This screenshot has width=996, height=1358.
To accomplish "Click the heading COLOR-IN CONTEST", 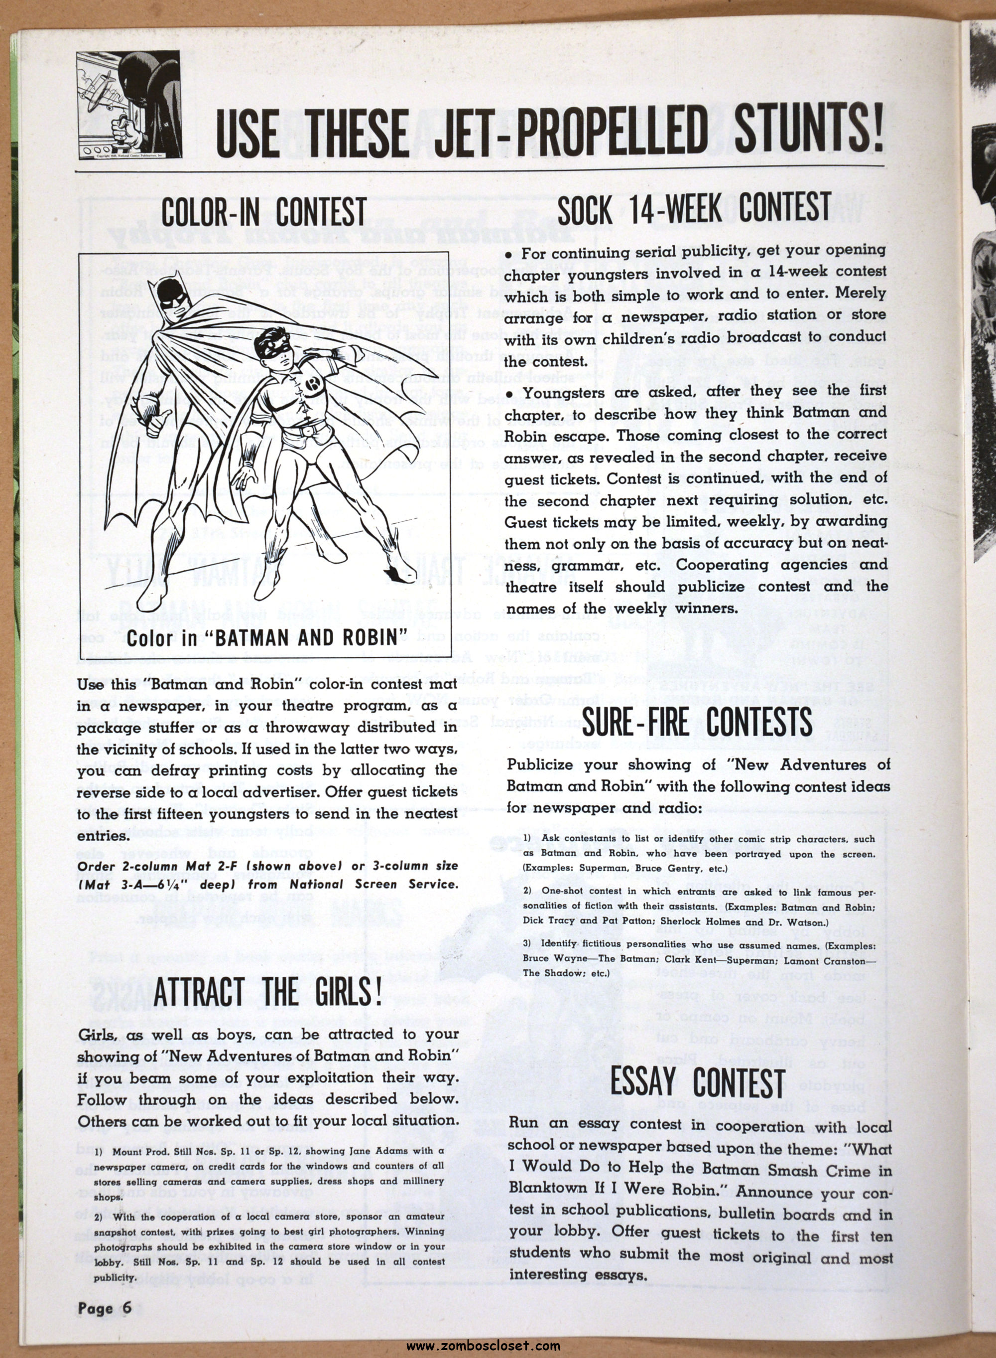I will pyautogui.click(x=263, y=212).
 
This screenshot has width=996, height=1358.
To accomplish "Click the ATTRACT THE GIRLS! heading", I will pyautogui.click(x=267, y=992).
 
